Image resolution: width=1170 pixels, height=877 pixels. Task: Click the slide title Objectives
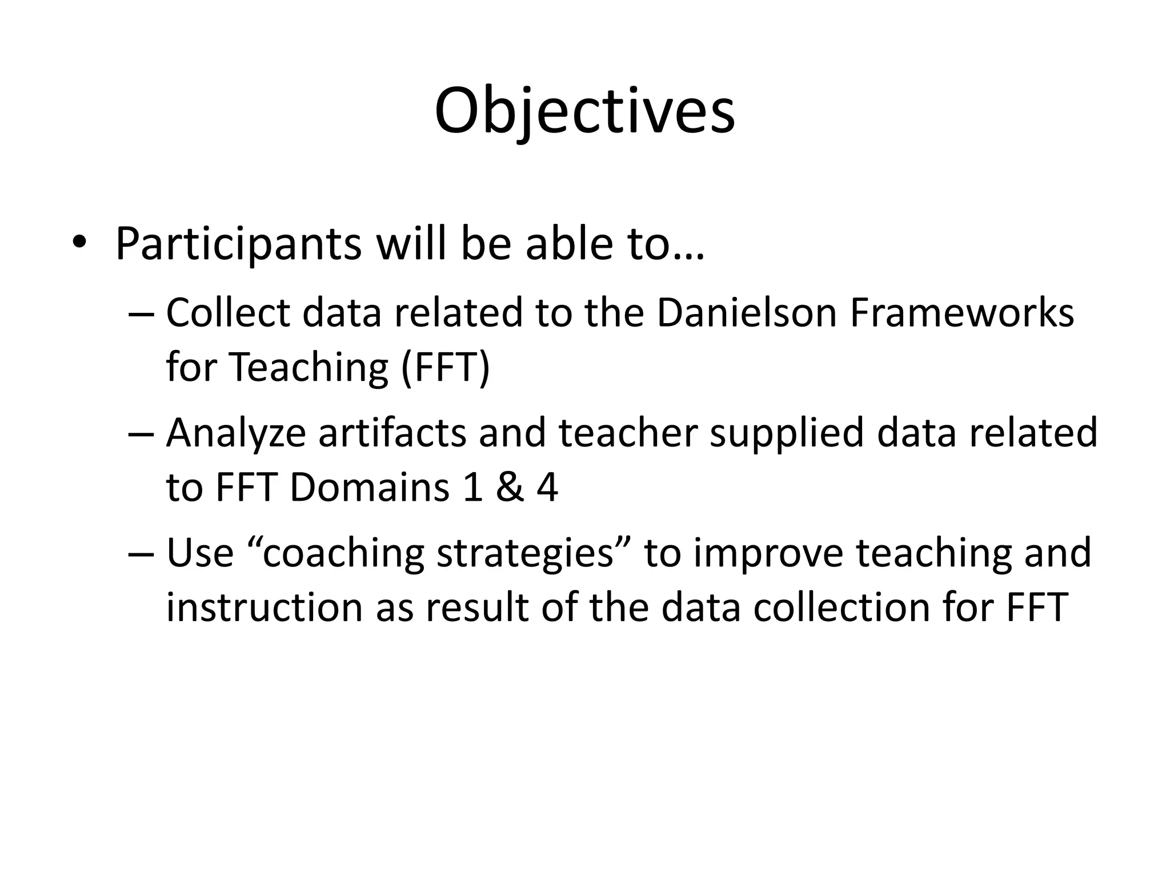coord(584,111)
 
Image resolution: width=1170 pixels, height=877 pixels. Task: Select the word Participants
coord(238,244)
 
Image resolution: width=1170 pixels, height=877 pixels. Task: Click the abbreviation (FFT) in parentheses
coord(445,367)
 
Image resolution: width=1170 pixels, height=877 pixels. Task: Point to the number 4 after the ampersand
coord(547,488)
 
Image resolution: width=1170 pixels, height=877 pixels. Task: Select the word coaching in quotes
coord(343,554)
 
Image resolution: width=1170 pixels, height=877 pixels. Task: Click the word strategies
coord(525,554)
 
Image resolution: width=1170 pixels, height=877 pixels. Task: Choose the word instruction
coord(265,608)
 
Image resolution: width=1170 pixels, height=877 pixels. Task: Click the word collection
coord(842,608)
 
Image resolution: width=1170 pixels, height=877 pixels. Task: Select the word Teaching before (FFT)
coord(309,367)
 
